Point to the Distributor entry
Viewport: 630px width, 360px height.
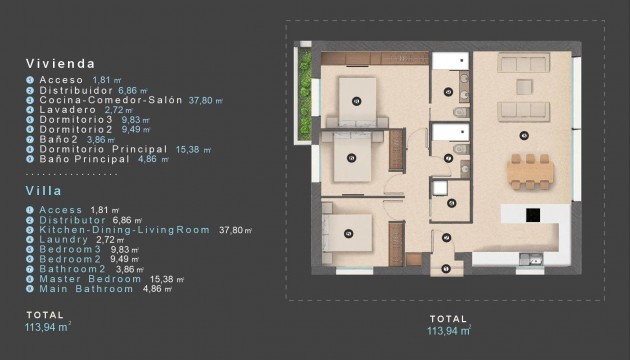73,219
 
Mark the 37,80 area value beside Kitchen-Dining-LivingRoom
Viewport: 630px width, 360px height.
233,229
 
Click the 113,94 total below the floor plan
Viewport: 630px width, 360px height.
447,329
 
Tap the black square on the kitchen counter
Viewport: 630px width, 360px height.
533,213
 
